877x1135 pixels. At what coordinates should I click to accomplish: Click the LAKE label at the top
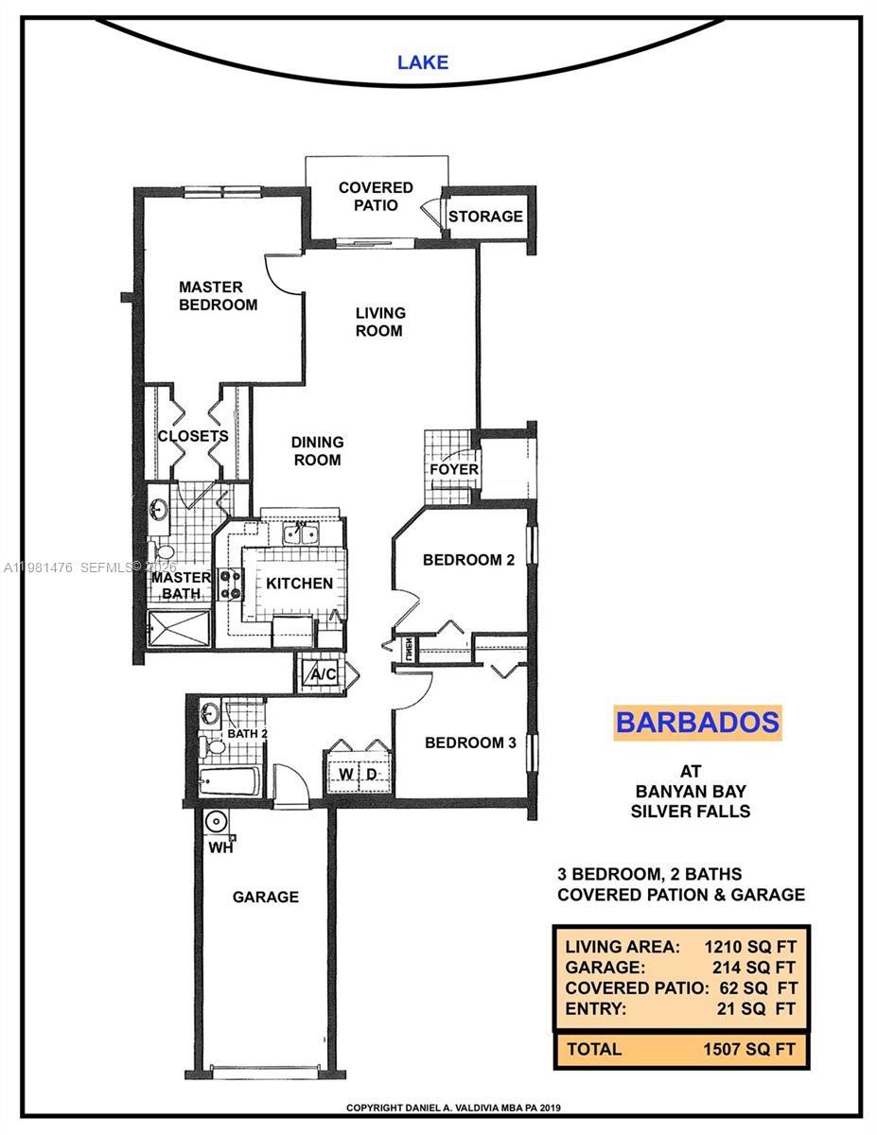click(422, 63)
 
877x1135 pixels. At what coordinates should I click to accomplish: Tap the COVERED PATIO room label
click(376, 196)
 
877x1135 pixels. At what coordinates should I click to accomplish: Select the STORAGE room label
click(485, 217)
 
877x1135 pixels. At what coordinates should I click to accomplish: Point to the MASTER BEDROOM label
click(218, 295)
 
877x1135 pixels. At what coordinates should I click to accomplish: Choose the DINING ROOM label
click(316, 451)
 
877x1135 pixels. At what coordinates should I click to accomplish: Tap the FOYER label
click(454, 469)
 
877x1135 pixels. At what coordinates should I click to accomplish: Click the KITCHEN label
click(298, 584)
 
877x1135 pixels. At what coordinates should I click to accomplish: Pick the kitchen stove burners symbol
click(230, 584)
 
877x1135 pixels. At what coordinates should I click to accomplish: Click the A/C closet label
click(324, 674)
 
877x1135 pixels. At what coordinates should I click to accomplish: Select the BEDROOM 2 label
click(467, 560)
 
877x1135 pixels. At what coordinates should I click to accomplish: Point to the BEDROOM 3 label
click(469, 742)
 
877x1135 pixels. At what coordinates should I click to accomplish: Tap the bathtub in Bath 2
click(229, 782)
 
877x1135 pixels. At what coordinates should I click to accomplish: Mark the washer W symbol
click(346, 775)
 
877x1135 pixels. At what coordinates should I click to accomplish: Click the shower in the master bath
click(179, 626)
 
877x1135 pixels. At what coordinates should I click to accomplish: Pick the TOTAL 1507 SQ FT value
click(753, 1048)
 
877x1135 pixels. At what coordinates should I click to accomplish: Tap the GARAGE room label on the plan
click(265, 897)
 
